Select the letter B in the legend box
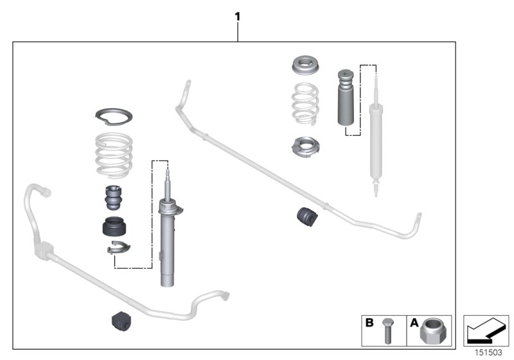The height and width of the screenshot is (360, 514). [369, 323]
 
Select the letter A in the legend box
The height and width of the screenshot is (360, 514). [414, 323]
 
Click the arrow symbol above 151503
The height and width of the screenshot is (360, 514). [486, 330]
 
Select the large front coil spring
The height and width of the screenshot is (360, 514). [114, 155]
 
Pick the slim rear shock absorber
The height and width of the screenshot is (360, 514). [374, 138]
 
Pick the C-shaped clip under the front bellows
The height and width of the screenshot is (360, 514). [117, 248]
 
